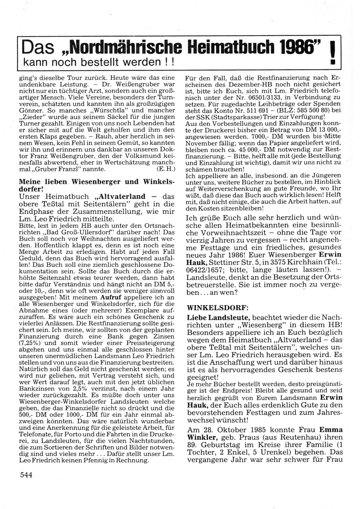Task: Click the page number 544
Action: (26, 475)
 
